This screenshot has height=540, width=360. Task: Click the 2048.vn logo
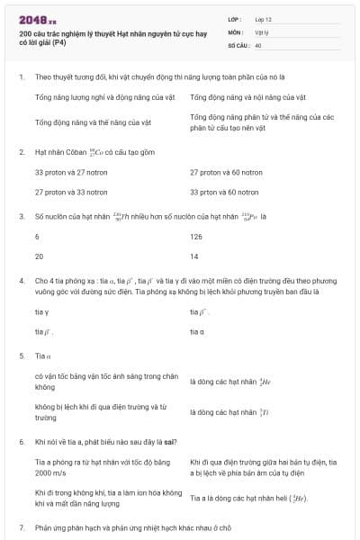(37, 18)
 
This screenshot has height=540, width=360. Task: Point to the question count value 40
(258, 44)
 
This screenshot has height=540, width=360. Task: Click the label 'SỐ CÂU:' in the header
(238, 44)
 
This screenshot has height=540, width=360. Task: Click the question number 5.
(22, 355)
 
